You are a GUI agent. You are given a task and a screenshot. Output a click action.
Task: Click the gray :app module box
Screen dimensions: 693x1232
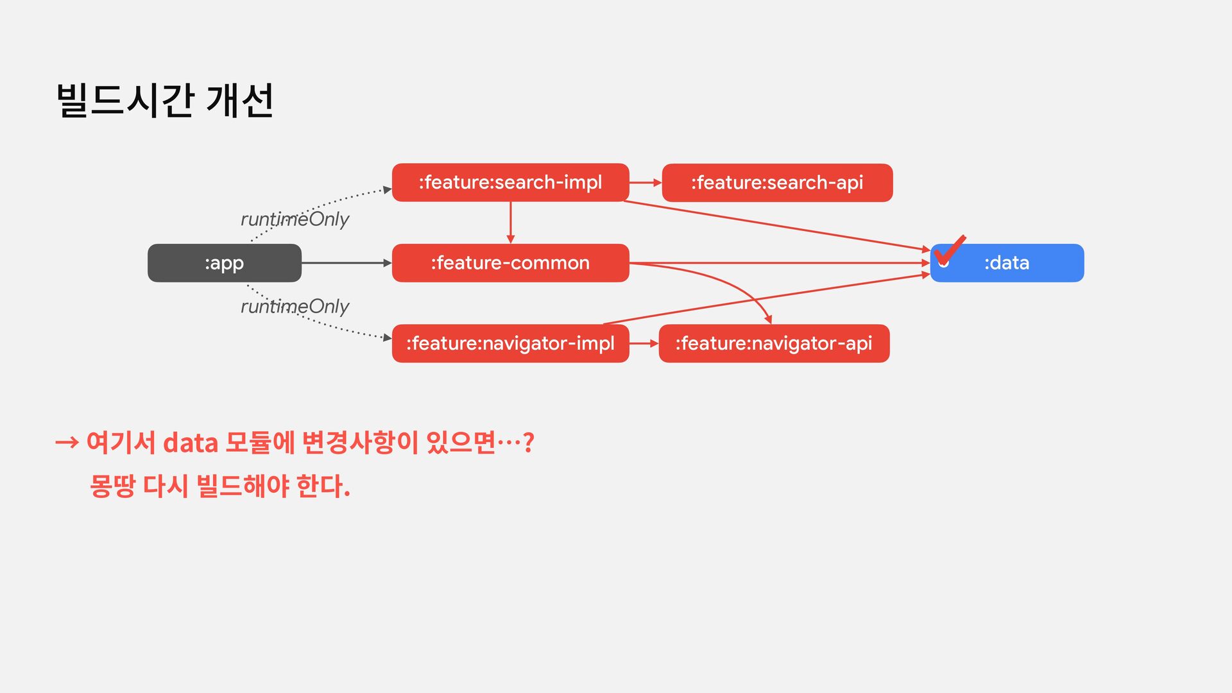224,263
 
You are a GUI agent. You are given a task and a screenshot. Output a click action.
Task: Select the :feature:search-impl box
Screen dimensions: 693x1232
510,183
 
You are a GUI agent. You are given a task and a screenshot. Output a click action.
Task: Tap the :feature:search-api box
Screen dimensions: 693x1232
776,183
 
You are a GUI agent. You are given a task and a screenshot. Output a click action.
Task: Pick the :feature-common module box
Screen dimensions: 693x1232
510,263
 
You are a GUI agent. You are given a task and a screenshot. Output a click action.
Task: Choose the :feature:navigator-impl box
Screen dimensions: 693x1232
510,343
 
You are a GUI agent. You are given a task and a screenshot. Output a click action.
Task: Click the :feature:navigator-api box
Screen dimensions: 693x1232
773,343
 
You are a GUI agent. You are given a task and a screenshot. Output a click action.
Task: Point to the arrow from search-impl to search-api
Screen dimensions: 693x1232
645,183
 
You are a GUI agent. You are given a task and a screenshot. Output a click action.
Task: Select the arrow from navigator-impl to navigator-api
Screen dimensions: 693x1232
644,343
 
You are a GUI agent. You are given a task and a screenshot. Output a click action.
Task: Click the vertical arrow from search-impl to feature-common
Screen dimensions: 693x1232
511,222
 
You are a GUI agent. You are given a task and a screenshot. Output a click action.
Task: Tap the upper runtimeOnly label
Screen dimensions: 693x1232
295,219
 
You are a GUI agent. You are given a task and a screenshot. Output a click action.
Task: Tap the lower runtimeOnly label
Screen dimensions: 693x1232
295,307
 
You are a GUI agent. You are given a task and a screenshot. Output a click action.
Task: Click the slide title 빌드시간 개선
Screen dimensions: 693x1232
166,101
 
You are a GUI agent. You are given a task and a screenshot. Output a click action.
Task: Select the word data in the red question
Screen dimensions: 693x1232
191,443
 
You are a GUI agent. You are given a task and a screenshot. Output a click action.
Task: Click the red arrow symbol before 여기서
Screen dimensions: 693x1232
67,442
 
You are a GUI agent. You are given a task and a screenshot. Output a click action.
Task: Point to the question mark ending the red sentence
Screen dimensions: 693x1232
528,442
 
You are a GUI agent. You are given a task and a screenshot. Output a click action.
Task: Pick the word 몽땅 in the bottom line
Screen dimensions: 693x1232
112,486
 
